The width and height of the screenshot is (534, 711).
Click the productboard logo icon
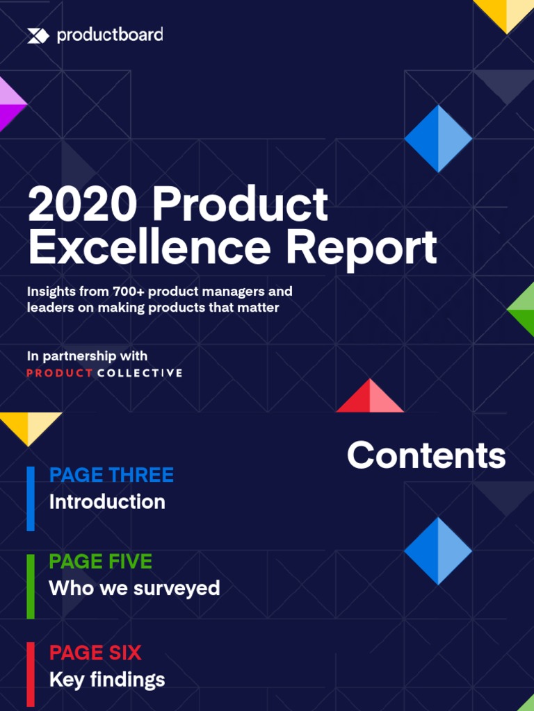tap(38, 35)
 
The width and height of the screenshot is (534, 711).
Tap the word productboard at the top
tap(110, 35)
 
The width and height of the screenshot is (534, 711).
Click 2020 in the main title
tap(82, 206)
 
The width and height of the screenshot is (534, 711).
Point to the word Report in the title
tap(362, 247)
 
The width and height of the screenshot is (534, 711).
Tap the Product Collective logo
tap(104, 373)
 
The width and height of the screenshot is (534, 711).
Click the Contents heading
tap(426, 455)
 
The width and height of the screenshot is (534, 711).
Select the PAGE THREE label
tap(111, 475)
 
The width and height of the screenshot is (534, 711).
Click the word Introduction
tap(107, 501)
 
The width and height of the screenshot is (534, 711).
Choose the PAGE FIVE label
tap(100, 561)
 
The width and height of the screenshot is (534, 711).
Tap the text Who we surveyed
tap(134, 588)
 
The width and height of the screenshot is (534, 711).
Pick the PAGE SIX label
tap(95, 653)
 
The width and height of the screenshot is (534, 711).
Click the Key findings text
tap(107, 679)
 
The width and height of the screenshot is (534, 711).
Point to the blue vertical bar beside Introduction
tap(31, 499)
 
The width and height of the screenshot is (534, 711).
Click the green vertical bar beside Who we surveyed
tap(31, 586)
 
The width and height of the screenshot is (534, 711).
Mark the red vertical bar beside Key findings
tap(31, 674)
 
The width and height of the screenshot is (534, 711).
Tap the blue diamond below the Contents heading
tap(438, 551)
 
